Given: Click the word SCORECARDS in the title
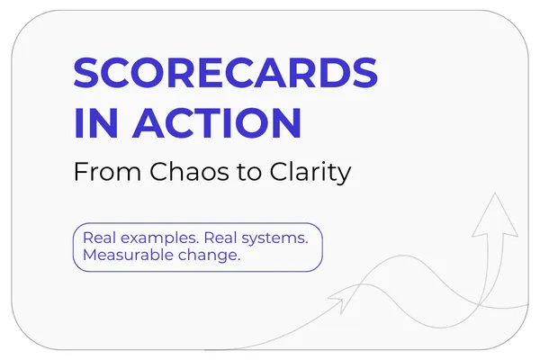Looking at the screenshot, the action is coord(226,73).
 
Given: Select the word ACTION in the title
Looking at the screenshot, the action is coord(217,122).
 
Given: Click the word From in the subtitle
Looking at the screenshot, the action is coord(107,171).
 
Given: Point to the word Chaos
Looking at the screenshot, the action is coord(189,171).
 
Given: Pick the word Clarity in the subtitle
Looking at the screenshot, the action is coord(310,173).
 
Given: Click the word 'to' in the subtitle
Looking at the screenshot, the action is coord(249,172).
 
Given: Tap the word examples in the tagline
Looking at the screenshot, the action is coord(159,238).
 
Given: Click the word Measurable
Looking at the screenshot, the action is coord(128,255).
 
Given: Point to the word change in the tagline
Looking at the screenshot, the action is coord(209,256).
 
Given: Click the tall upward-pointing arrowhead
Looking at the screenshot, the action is coord(495,214).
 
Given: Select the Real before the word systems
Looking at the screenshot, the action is coord(220,238).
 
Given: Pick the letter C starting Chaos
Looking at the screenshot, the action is coord(158,171).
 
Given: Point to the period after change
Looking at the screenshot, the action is coord(238,260).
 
